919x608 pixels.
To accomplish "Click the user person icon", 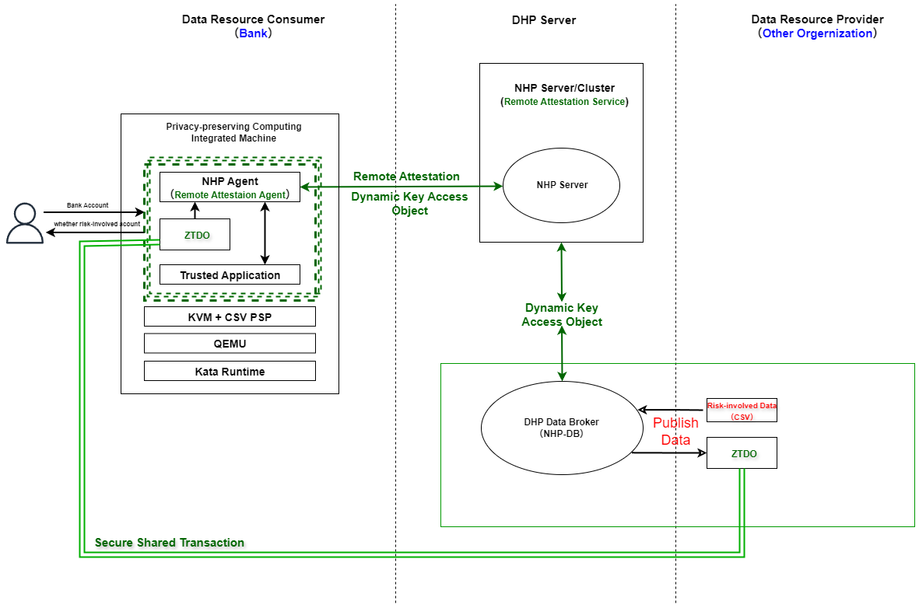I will point(25,223).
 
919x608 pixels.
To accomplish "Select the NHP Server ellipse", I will point(561,185).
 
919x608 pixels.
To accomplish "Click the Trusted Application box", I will point(230,275).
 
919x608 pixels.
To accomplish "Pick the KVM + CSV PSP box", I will point(230,316).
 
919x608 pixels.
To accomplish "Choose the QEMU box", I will point(230,344).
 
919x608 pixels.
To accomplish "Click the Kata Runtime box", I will point(230,371).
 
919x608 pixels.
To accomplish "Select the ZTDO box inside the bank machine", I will point(195,234).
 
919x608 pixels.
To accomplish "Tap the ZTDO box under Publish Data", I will point(742,453).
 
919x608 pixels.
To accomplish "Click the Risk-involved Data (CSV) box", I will point(742,410).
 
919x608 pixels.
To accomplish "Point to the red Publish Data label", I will point(675,431).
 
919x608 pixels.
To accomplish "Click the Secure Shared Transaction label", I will point(170,543).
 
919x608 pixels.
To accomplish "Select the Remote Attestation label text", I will point(406,176).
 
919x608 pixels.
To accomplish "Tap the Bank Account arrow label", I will point(87,205).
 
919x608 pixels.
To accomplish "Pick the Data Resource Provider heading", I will point(817,19).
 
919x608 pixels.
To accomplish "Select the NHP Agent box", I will point(230,187).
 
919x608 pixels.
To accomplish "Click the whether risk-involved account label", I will point(96,224).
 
